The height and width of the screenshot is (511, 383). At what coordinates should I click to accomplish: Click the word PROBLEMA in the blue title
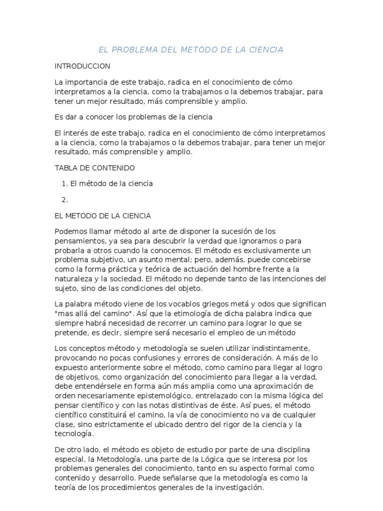135,49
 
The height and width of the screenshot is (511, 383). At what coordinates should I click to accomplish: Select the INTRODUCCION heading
82,66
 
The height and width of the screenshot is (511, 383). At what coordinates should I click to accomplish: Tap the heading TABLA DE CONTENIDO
95,168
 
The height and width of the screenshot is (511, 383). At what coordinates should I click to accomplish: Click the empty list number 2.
64,200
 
